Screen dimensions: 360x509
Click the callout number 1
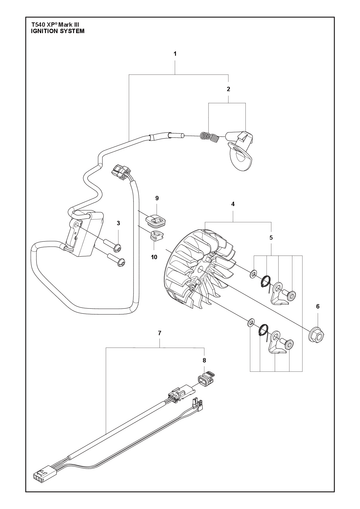(x=175, y=54)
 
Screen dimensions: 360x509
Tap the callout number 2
(x=228, y=89)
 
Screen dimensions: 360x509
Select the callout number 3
(x=118, y=223)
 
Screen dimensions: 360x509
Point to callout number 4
(x=233, y=204)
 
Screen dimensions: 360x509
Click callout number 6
(x=318, y=306)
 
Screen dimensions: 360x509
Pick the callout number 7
(x=160, y=333)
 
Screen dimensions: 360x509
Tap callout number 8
(x=204, y=360)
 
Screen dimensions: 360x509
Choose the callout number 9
(x=157, y=198)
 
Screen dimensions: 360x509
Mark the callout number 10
(x=154, y=257)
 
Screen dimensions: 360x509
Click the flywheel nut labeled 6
(x=316, y=335)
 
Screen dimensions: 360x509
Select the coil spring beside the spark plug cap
(x=209, y=137)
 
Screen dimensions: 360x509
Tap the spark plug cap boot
(x=240, y=149)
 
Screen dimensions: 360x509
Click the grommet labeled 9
(x=155, y=219)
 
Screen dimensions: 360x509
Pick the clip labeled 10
(x=156, y=235)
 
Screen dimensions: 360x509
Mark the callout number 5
(x=271, y=238)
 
